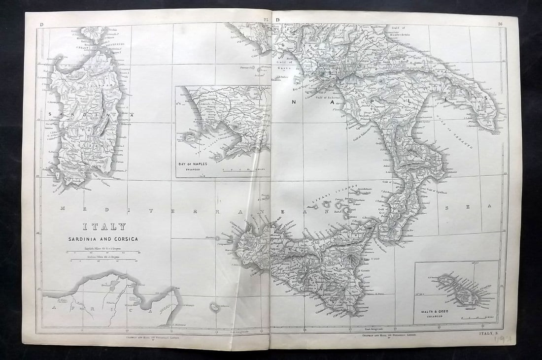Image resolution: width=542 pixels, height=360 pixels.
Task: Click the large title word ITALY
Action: click(x=103, y=227)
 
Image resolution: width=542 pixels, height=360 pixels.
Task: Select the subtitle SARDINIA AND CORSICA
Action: click(x=103, y=239)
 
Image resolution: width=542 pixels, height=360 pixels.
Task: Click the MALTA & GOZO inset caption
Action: click(x=433, y=312)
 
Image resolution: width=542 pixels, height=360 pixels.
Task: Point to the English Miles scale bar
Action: click(x=103, y=252)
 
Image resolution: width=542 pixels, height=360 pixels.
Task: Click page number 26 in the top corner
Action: click(x=500, y=23)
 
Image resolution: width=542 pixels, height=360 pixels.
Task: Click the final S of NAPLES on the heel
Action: click(x=485, y=98)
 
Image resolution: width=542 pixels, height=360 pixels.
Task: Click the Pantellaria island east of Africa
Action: click(x=215, y=307)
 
